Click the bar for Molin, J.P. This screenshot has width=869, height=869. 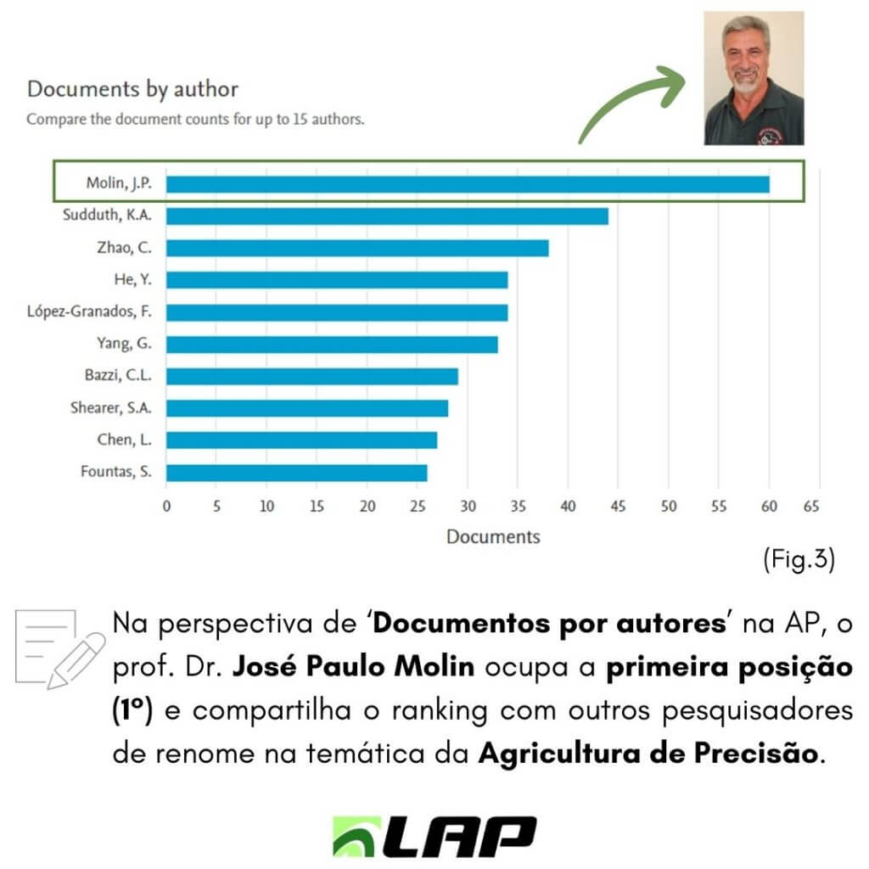(x=468, y=184)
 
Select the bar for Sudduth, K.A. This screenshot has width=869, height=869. (x=387, y=216)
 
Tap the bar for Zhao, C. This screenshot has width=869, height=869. (x=357, y=249)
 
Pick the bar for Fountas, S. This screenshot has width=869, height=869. (x=296, y=473)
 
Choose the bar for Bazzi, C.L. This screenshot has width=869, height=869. (x=312, y=376)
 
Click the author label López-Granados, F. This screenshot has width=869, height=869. (x=89, y=311)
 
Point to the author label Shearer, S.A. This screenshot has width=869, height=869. (x=111, y=408)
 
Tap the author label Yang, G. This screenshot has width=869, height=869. (x=124, y=344)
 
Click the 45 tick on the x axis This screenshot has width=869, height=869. (x=618, y=506)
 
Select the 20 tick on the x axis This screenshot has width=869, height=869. (x=367, y=506)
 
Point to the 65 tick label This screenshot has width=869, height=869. (x=811, y=506)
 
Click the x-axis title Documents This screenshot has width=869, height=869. (x=493, y=536)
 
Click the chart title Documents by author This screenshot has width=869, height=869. (x=133, y=89)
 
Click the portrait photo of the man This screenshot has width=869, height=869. (x=754, y=78)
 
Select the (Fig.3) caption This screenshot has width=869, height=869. (x=799, y=559)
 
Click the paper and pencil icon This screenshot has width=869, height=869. (x=60, y=649)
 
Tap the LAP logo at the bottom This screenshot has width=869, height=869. (x=434, y=836)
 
